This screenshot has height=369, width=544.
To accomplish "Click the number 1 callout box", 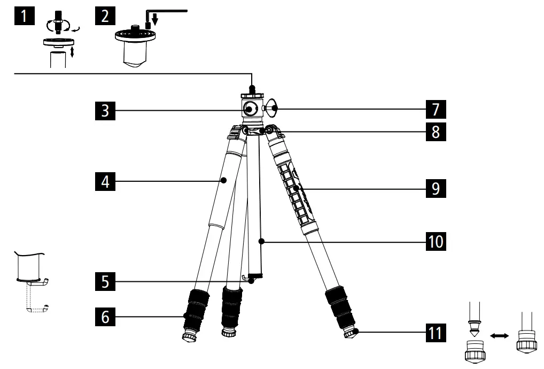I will click(x=25, y=15).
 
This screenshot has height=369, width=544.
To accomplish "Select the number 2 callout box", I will click(x=105, y=15).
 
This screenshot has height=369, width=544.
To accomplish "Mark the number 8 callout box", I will click(x=436, y=132).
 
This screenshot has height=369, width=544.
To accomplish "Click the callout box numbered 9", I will click(x=436, y=189).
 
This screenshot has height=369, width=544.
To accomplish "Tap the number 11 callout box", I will click(x=436, y=333).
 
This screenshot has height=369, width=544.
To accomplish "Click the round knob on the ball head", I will click(x=250, y=109).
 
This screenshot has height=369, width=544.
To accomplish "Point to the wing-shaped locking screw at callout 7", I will click(x=274, y=109).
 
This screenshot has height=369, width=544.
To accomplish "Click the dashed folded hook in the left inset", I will click(x=37, y=305).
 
